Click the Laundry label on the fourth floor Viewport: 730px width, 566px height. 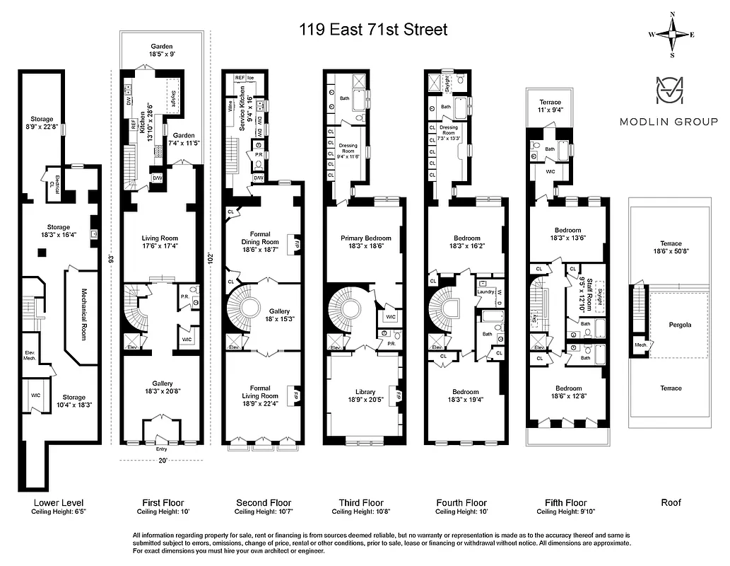(x=485, y=291)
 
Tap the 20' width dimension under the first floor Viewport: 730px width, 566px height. (x=162, y=461)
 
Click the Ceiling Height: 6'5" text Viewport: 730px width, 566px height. (x=59, y=512)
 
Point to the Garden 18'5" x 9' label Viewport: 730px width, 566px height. (x=162, y=50)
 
